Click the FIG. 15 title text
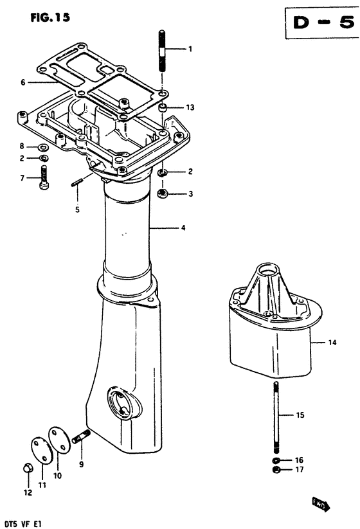point(50,17)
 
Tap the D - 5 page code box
point(322,22)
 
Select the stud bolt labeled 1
point(162,51)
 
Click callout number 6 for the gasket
point(23,82)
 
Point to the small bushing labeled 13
point(163,108)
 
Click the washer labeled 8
point(43,147)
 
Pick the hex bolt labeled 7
point(44,177)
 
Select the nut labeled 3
point(163,193)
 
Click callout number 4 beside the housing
point(183,228)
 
